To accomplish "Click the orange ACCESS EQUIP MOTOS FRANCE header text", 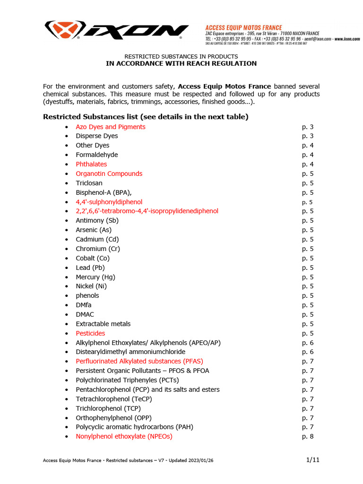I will [x=243, y=28].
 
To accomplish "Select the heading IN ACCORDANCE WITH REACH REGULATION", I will [x=181, y=64].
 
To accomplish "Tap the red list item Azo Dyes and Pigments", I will [x=111, y=127].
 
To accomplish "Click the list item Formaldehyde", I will [x=97, y=155].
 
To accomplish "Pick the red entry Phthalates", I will [x=91, y=164].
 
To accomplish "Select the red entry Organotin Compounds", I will [x=109, y=173].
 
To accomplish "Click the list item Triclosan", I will [x=89, y=183].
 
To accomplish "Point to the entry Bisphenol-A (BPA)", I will [x=104, y=192].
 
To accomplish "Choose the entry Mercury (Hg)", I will [x=95, y=277].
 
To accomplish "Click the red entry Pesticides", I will [x=90, y=333].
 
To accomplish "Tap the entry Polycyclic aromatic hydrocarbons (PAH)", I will [x=134, y=427].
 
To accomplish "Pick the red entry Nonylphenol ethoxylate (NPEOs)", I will [x=124, y=436].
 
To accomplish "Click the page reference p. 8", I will [x=308, y=436].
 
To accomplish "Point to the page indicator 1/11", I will [x=312, y=460].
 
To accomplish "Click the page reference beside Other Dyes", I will [x=308, y=146].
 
